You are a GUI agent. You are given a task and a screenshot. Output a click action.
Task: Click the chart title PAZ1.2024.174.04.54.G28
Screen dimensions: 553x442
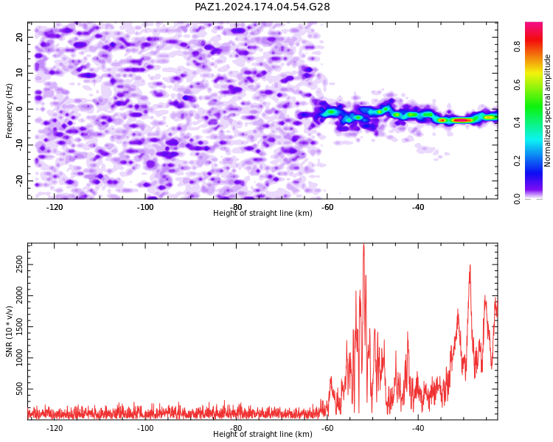(x=262, y=7)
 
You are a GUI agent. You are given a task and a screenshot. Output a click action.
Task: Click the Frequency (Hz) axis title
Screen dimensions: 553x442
(x=9, y=110)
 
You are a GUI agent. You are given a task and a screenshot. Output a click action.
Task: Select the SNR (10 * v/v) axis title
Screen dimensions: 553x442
(x=9, y=331)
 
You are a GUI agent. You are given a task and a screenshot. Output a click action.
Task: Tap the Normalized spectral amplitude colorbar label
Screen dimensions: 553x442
(x=547, y=110)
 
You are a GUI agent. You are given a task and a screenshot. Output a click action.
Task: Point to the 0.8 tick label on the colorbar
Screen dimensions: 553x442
(x=517, y=46)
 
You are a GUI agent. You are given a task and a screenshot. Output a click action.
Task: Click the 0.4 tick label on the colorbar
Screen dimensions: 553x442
(x=517, y=122)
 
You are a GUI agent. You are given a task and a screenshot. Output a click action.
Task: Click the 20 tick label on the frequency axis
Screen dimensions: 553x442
(x=20, y=37)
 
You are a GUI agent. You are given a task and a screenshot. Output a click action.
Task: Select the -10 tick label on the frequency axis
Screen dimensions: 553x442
(x=20, y=145)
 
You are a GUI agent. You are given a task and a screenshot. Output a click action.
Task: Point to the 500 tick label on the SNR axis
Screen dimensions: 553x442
(x=20, y=389)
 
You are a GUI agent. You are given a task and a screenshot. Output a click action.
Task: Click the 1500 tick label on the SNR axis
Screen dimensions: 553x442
(x=20, y=327)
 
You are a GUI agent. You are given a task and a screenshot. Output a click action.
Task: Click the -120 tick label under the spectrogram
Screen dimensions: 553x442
(x=55, y=207)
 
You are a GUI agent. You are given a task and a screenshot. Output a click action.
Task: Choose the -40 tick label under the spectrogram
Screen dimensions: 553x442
(x=418, y=207)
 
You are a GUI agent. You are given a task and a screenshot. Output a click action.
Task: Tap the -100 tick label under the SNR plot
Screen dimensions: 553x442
(x=145, y=428)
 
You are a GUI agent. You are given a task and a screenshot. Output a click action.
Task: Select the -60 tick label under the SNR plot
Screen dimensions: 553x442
(x=327, y=428)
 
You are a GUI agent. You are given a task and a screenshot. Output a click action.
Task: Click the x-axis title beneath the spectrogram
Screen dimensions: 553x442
(x=262, y=213)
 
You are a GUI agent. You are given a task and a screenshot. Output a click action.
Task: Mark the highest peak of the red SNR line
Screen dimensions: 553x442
(x=364, y=245)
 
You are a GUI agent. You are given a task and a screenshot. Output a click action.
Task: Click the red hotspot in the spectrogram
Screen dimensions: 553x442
(x=462, y=120)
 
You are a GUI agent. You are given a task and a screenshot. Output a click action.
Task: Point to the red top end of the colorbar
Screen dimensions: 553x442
(x=534, y=24)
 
